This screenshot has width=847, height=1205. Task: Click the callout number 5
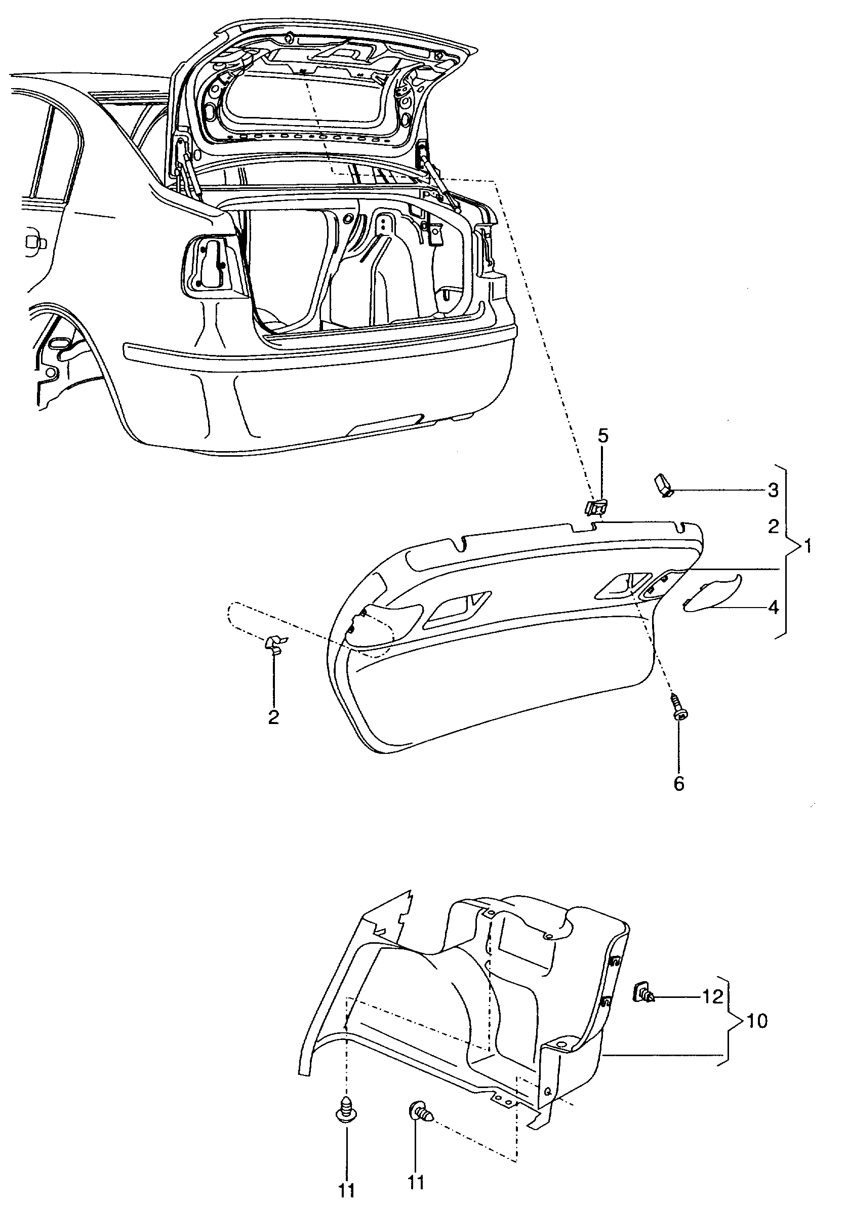(603, 435)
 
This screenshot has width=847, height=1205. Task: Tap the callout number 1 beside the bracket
(808, 547)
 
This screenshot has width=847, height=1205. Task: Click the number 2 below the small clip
(273, 717)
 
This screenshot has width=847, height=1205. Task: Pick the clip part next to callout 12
(644, 994)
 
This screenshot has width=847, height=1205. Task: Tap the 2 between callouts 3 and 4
(773, 527)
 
